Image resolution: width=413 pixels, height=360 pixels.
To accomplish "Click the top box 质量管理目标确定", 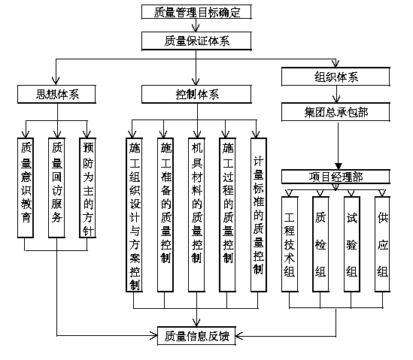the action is (x=196, y=12).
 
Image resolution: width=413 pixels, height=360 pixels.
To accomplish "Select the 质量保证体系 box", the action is (x=196, y=41).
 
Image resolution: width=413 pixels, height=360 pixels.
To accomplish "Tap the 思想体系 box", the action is (x=56, y=94).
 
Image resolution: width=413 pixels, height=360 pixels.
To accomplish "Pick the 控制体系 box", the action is (x=196, y=94).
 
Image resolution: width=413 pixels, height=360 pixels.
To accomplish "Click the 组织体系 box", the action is (x=336, y=77).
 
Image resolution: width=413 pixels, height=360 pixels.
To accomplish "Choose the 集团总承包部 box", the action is (x=336, y=112).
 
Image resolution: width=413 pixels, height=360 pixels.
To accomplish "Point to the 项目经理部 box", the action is (x=336, y=177).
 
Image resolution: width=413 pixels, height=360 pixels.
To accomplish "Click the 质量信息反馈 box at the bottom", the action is (x=196, y=335).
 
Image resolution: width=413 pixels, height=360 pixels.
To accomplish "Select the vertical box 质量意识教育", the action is (x=26, y=188).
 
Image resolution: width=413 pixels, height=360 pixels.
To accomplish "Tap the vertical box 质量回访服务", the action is (x=56, y=188).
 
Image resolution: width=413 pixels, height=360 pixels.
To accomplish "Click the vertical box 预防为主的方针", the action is (x=88, y=188).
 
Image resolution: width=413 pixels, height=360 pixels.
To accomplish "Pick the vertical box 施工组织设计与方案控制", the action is (x=135, y=215).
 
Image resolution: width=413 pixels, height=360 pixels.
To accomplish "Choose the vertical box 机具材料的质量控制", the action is (x=196, y=215).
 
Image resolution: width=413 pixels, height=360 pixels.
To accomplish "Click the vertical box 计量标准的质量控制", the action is (x=259, y=215).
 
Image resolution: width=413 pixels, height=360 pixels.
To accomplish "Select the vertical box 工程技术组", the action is (x=290, y=244).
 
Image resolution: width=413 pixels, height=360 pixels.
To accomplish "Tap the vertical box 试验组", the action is (x=352, y=244).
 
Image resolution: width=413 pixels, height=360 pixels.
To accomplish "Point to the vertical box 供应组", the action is (x=382, y=244).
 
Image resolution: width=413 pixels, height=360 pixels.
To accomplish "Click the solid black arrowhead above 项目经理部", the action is (x=339, y=166).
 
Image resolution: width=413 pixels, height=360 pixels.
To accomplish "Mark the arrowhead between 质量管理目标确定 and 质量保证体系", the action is (x=196, y=28).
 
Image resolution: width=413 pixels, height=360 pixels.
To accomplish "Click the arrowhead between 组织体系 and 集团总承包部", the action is (x=336, y=99).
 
